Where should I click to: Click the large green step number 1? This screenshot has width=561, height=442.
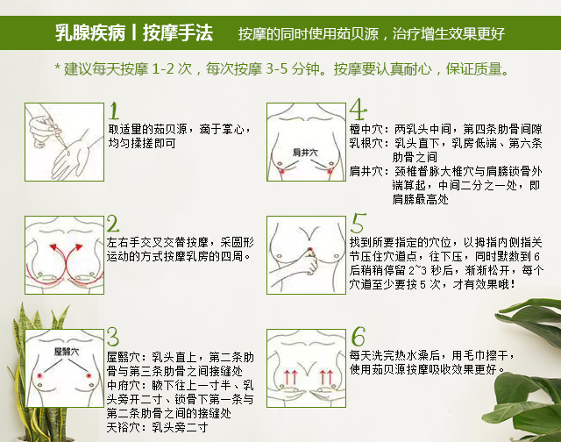[x=114, y=110]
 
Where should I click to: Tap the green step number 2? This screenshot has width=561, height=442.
[x=113, y=224]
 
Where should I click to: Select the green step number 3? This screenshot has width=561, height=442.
[x=113, y=337]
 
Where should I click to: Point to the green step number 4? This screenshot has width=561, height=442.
[x=359, y=109]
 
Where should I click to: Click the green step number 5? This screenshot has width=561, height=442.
[x=359, y=223]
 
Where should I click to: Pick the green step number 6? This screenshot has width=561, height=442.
[x=359, y=336]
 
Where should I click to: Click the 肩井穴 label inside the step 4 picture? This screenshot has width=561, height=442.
[x=305, y=153]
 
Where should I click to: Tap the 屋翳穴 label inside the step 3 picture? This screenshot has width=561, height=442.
[x=67, y=352]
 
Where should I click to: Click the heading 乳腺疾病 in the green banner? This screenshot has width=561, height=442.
[x=90, y=33]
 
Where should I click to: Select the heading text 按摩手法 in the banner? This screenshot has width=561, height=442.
[x=178, y=33]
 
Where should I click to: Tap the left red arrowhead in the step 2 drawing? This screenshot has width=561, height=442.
[x=53, y=247]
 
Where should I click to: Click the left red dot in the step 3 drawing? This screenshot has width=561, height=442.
[x=39, y=376]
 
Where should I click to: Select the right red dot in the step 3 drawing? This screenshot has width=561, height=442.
[x=89, y=375]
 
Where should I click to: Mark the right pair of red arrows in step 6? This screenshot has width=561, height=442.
[x=326, y=378]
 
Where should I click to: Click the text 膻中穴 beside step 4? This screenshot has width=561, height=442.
[x=362, y=129]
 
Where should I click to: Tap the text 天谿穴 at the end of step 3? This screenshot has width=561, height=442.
[x=119, y=427]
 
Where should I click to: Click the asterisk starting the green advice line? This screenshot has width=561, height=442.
[x=57, y=67]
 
